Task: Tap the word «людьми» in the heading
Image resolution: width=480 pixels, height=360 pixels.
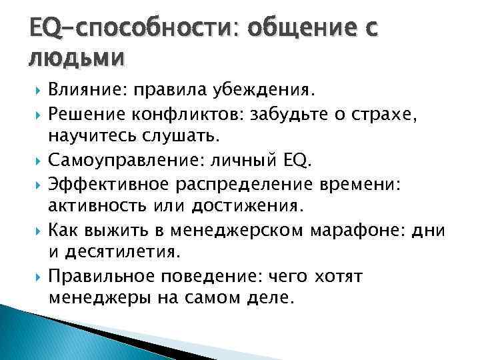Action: [x=76, y=58]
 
